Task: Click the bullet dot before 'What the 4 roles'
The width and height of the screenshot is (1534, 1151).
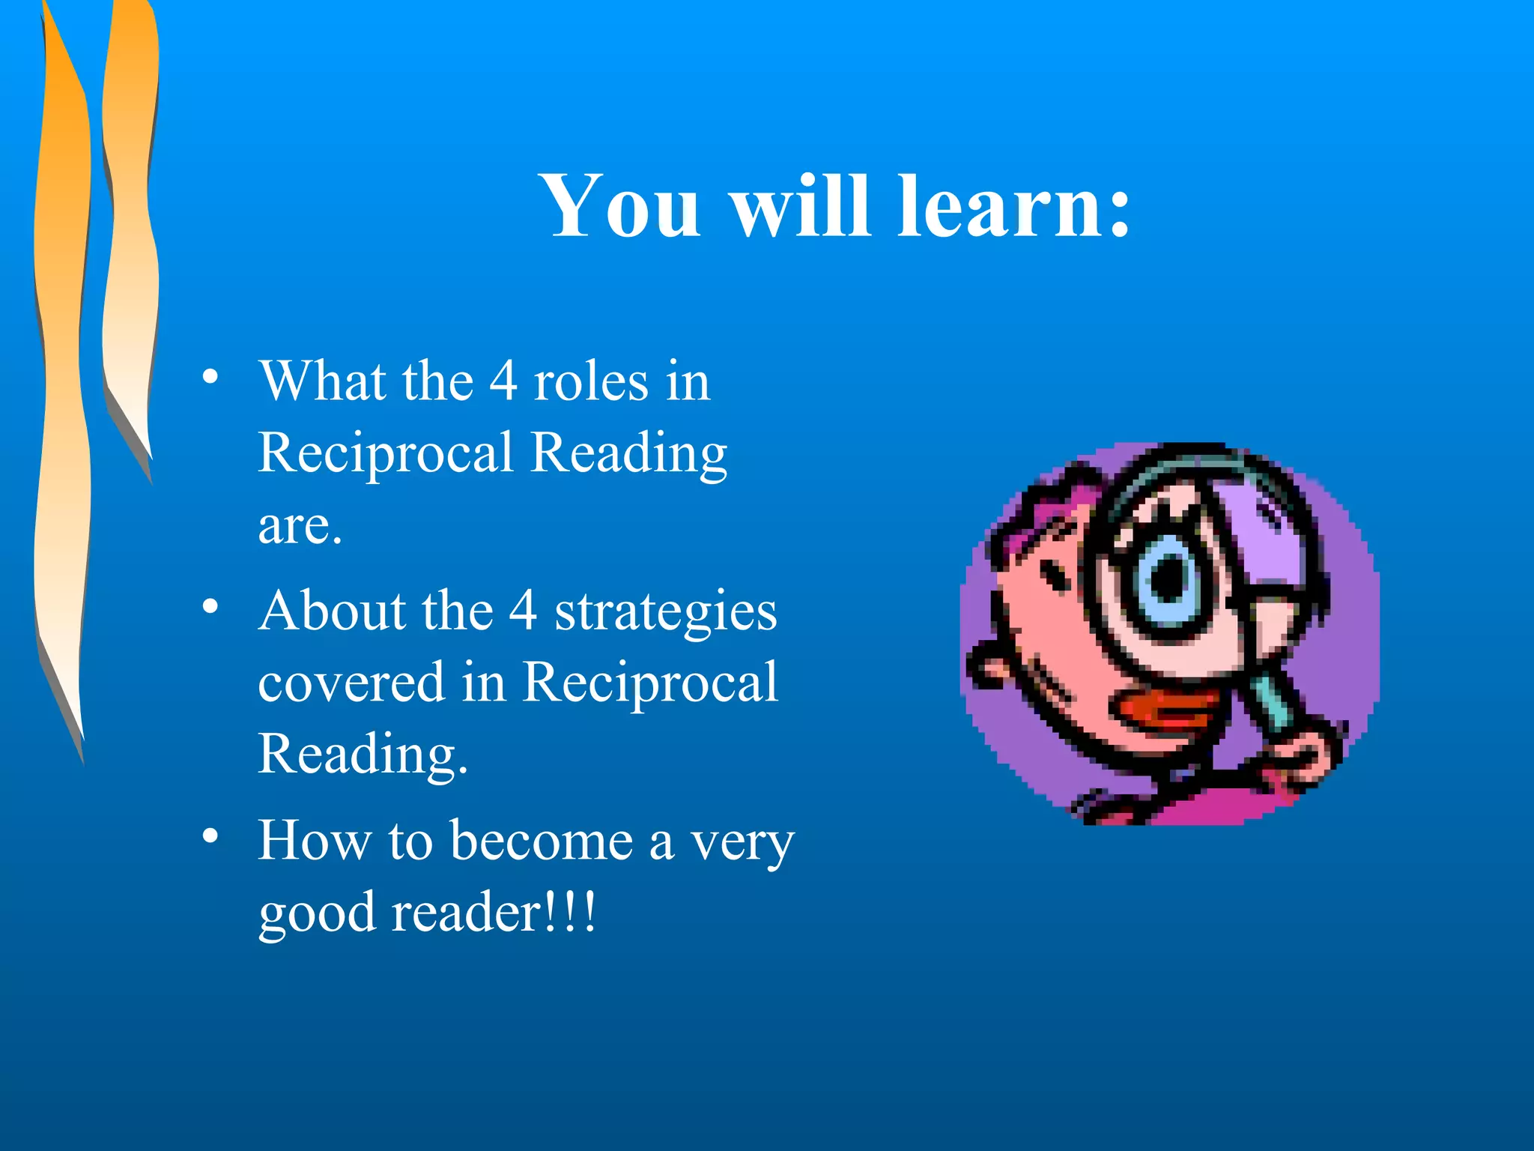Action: pos(210,376)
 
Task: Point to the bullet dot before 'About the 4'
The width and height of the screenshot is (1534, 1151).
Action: pos(210,605)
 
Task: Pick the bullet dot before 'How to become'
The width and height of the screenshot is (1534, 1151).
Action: pos(210,835)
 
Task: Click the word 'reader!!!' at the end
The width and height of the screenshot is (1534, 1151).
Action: pos(494,912)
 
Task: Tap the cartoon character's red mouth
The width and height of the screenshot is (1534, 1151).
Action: pos(1161,712)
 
